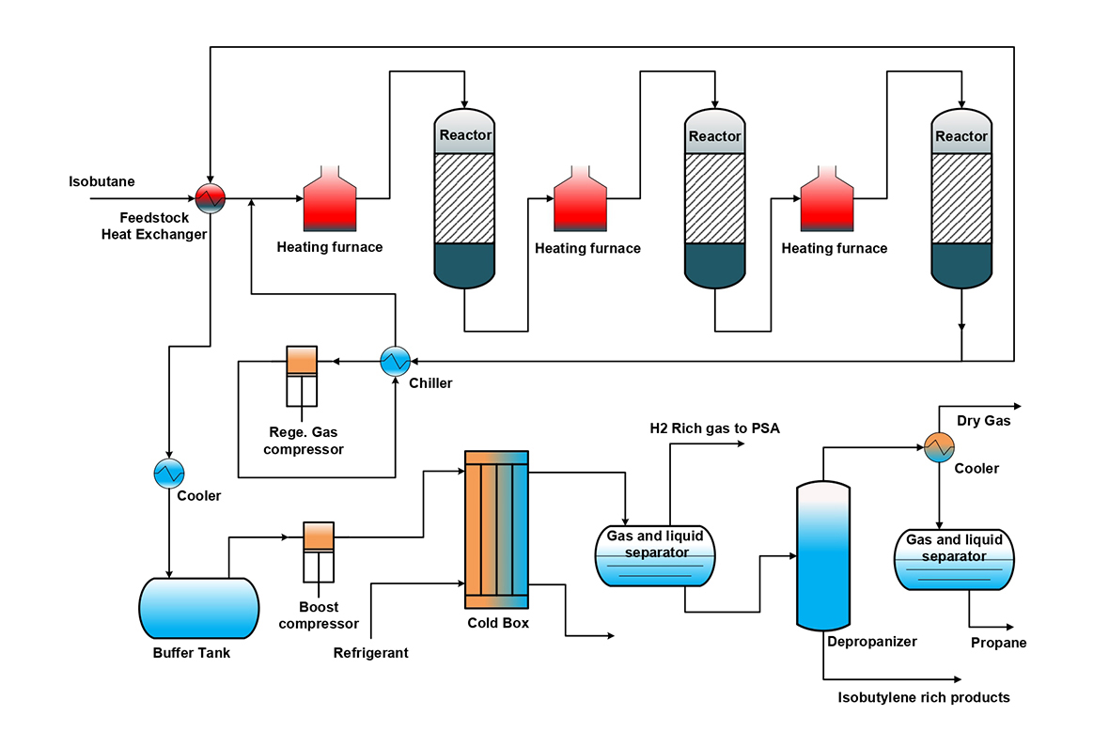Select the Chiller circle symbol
(394, 361)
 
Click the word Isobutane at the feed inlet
(102, 181)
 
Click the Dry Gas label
(983, 421)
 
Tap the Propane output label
(998, 643)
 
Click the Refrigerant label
(371, 652)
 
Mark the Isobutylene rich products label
(924, 697)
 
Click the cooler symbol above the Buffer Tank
(169, 472)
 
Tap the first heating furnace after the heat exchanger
(329, 199)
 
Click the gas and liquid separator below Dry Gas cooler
(954, 561)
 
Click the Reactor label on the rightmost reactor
(961, 137)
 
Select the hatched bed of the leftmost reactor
(465, 198)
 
